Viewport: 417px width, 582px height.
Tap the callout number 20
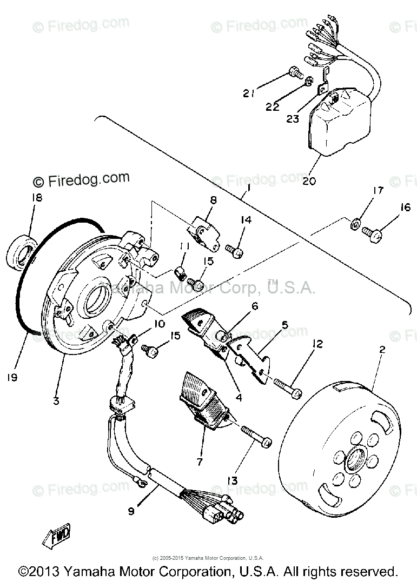point(309,181)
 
